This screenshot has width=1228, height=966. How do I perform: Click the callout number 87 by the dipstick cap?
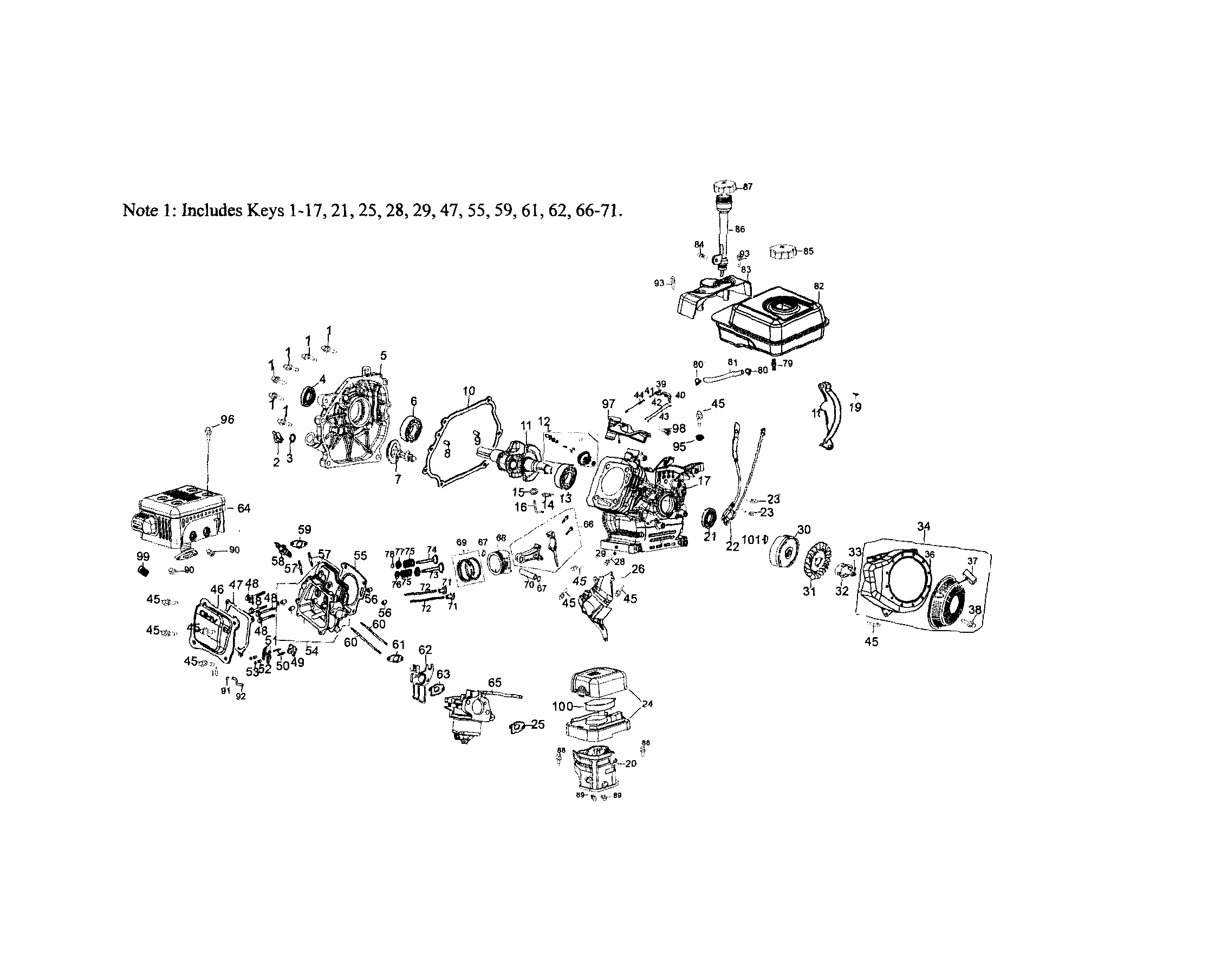748,186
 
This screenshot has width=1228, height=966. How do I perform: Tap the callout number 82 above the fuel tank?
818,286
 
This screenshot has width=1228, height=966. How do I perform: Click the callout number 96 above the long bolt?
228,420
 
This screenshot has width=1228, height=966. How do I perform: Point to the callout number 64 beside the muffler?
244,508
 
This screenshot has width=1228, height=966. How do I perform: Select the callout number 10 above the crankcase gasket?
469,391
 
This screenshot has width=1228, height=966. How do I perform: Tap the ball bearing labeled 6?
414,427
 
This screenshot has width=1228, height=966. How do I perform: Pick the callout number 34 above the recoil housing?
923,527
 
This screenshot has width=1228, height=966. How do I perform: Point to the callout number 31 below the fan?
809,592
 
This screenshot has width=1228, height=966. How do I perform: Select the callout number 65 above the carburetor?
495,683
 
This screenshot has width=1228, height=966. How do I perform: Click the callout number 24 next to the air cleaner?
648,704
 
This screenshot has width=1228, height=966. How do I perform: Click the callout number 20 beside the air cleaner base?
631,763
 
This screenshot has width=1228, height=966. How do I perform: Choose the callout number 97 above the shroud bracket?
608,404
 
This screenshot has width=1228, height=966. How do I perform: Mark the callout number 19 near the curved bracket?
855,407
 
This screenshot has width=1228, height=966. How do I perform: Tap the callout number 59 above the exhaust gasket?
305,529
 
